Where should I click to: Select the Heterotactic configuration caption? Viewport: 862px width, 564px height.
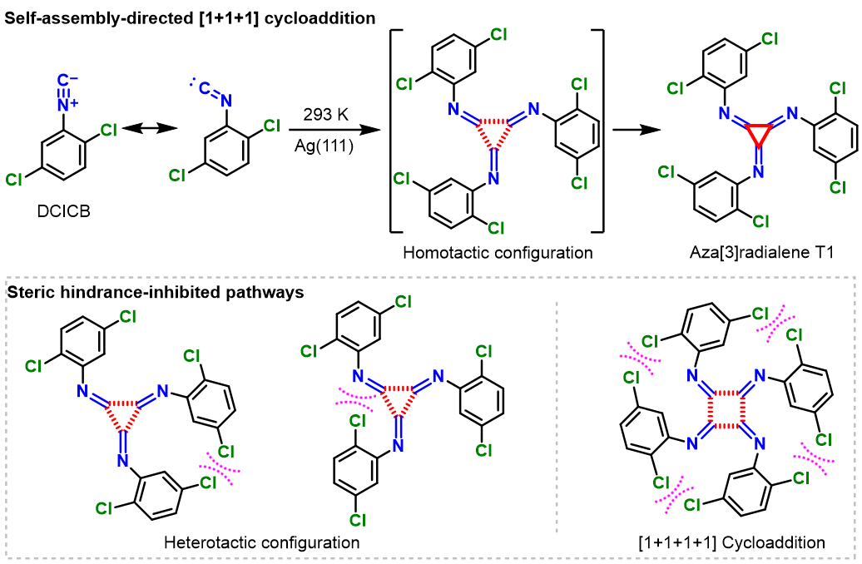click(262, 542)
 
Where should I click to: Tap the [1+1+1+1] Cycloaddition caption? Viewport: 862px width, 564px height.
click(720, 542)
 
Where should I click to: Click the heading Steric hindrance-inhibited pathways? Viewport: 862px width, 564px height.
click(156, 292)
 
